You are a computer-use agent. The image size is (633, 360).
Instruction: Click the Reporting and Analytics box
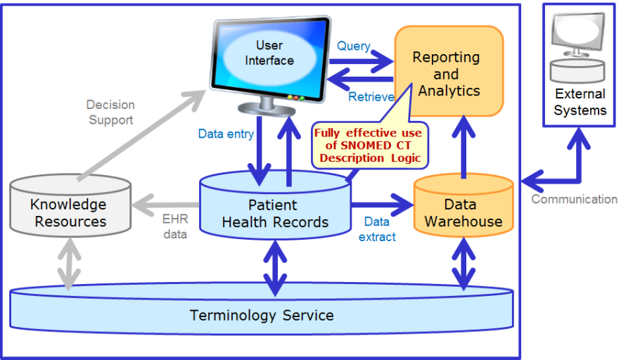pyautogui.click(x=449, y=72)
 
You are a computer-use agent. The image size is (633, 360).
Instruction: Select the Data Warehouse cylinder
pyautogui.click(x=463, y=205)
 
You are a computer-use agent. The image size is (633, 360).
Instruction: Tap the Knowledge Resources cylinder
pyautogui.click(x=70, y=205)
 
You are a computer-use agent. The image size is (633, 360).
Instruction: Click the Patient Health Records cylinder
pyautogui.click(x=275, y=205)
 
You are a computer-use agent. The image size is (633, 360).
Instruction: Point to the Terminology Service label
pyautogui.click(x=262, y=315)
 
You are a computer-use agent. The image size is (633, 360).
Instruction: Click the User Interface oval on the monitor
pyautogui.click(x=269, y=53)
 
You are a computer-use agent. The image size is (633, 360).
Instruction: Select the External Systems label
pyautogui.click(x=580, y=102)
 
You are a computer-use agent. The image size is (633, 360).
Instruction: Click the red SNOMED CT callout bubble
pyautogui.click(x=370, y=146)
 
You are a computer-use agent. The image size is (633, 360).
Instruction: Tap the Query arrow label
pyautogui.click(x=354, y=46)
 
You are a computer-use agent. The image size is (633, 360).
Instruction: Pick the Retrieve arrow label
pyautogui.click(x=371, y=97)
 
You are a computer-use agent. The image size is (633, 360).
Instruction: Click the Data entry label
pyautogui.click(x=226, y=134)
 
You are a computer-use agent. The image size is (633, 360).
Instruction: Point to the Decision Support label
pyautogui.click(x=110, y=112)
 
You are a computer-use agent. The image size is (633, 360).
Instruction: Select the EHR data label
pyautogui.click(x=175, y=226)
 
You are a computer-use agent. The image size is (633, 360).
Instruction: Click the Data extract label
pyautogui.click(x=377, y=229)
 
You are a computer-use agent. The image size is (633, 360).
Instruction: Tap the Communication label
pyautogui.click(x=575, y=199)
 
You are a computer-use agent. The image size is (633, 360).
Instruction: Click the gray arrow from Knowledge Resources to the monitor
pyautogui.click(x=141, y=135)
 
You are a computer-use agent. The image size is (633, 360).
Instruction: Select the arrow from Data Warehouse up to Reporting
pyautogui.click(x=464, y=147)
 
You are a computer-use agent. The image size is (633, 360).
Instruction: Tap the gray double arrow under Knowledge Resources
pyautogui.click(x=69, y=264)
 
